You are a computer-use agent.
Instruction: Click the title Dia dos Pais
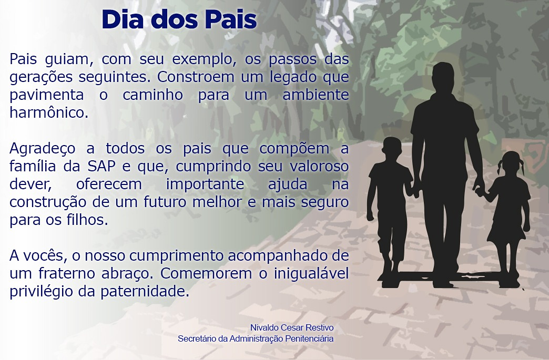point(179,19)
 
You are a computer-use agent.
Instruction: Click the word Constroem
point(196,77)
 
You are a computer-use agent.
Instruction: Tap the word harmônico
point(49,112)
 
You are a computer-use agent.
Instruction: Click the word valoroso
point(319,166)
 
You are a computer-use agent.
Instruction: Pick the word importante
point(205,184)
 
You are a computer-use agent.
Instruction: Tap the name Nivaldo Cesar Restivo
point(292,327)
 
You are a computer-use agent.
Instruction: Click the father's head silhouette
point(443,77)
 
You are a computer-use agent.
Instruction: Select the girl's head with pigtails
point(511,163)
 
